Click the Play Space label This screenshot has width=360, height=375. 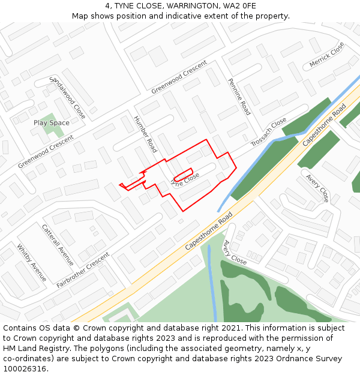click(x=51, y=123)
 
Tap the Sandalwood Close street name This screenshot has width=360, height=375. click(x=68, y=97)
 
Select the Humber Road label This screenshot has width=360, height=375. click(x=145, y=134)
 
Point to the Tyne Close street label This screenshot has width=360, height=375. click(x=185, y=179)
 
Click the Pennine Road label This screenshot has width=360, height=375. click(x=239, y=97)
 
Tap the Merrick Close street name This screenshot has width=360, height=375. click(x=326, y=55)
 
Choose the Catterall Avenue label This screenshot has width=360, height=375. click(x=58, y=245)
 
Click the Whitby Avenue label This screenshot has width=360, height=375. click(x=31, y=263)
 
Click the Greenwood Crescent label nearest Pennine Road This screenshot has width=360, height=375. click(x=179, y=77)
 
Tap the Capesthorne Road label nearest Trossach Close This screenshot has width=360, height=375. click(x=324, y=125)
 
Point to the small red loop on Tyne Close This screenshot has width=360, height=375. click(x=182, y=175)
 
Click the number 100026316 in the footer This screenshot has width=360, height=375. click(x=25, y=368)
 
